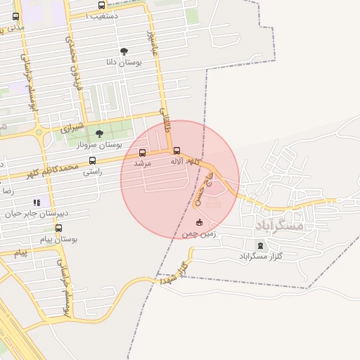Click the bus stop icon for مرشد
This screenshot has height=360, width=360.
click(143, 153)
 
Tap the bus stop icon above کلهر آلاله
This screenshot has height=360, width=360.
click(176, 150)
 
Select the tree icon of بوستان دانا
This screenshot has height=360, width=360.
click(124, 51)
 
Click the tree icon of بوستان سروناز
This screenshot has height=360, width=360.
click(98, 134)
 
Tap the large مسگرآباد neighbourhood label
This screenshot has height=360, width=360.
click(279, 225)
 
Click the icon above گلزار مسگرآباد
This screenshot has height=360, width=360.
click(261, 245)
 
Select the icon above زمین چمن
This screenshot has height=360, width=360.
click(199, 223)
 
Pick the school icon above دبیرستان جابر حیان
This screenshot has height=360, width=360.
click(37, 203)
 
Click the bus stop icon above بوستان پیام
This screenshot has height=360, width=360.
click(58, 229)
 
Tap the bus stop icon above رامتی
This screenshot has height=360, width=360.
click(92, 161)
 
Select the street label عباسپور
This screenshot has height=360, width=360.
click(149, 43)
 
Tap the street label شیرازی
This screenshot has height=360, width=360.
click(71, 128)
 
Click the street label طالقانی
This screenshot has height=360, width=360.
click(166, 120)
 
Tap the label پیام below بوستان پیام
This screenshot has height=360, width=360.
click(20, 252)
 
